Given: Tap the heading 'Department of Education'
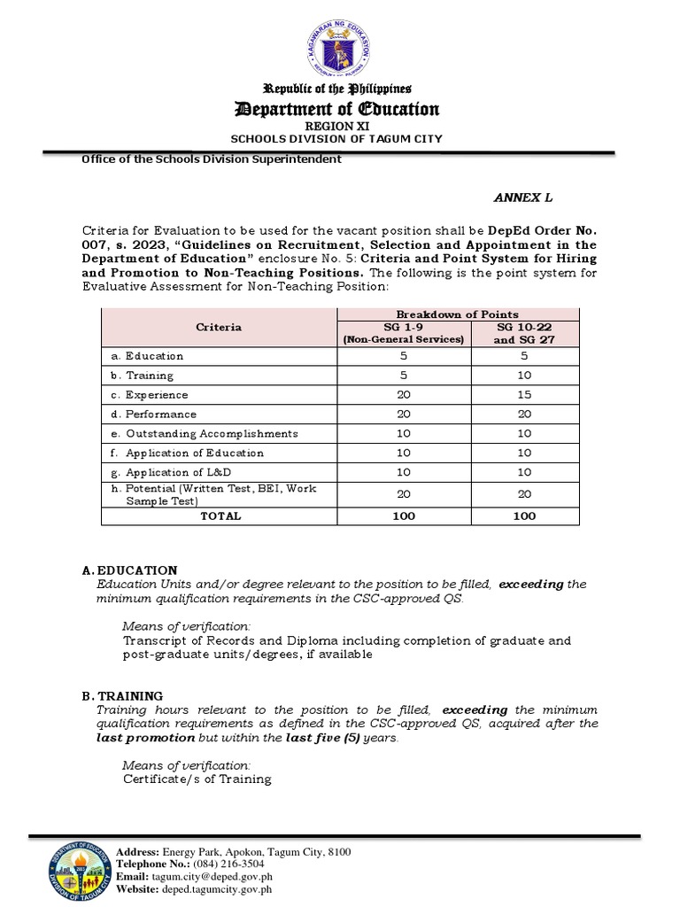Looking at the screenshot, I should pos(336,109).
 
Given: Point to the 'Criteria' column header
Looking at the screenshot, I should pos(219,327).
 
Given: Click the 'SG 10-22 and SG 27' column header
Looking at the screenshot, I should pos(524,333).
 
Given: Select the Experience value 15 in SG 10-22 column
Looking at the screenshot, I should pos(524,395).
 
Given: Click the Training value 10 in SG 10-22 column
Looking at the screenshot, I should pos(524,376).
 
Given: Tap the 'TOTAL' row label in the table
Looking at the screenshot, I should pos(220,516).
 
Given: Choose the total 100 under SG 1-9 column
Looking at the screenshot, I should pos(403,516).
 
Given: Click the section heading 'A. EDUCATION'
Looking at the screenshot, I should pos(137,570).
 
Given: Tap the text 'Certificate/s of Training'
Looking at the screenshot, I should pos(197,779).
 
